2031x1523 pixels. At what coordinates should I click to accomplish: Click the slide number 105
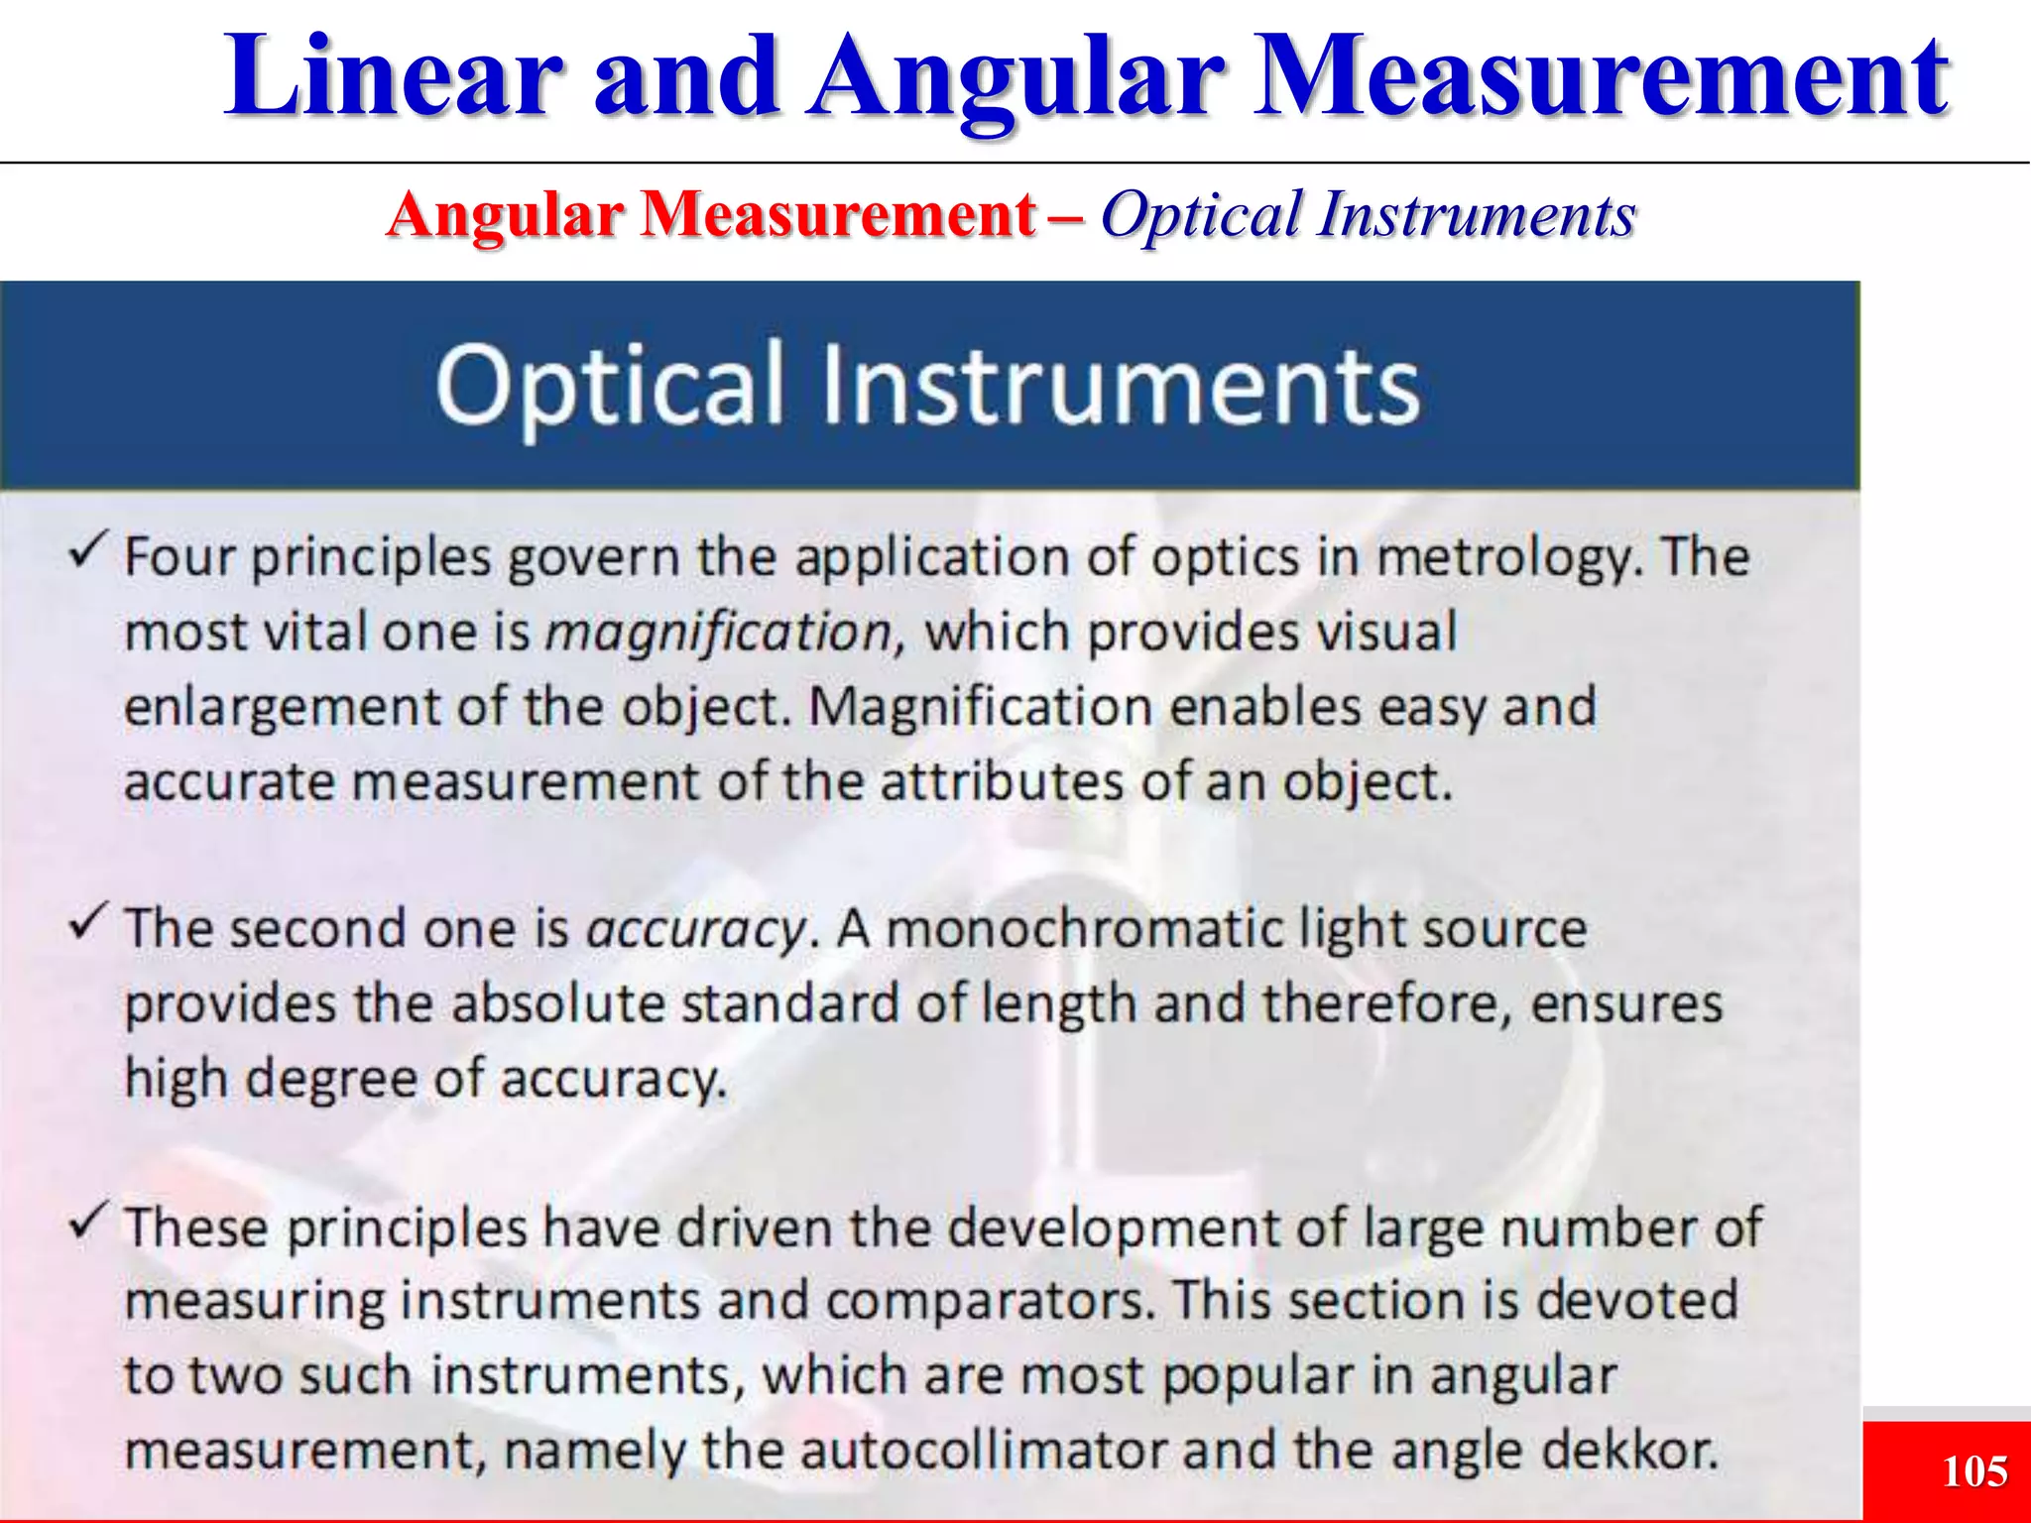(1974, 1471)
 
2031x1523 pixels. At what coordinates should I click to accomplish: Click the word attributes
(1002, 782)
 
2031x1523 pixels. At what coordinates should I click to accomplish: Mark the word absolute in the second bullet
(557, 1003)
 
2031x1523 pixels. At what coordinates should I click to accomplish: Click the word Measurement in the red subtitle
(838, 215)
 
